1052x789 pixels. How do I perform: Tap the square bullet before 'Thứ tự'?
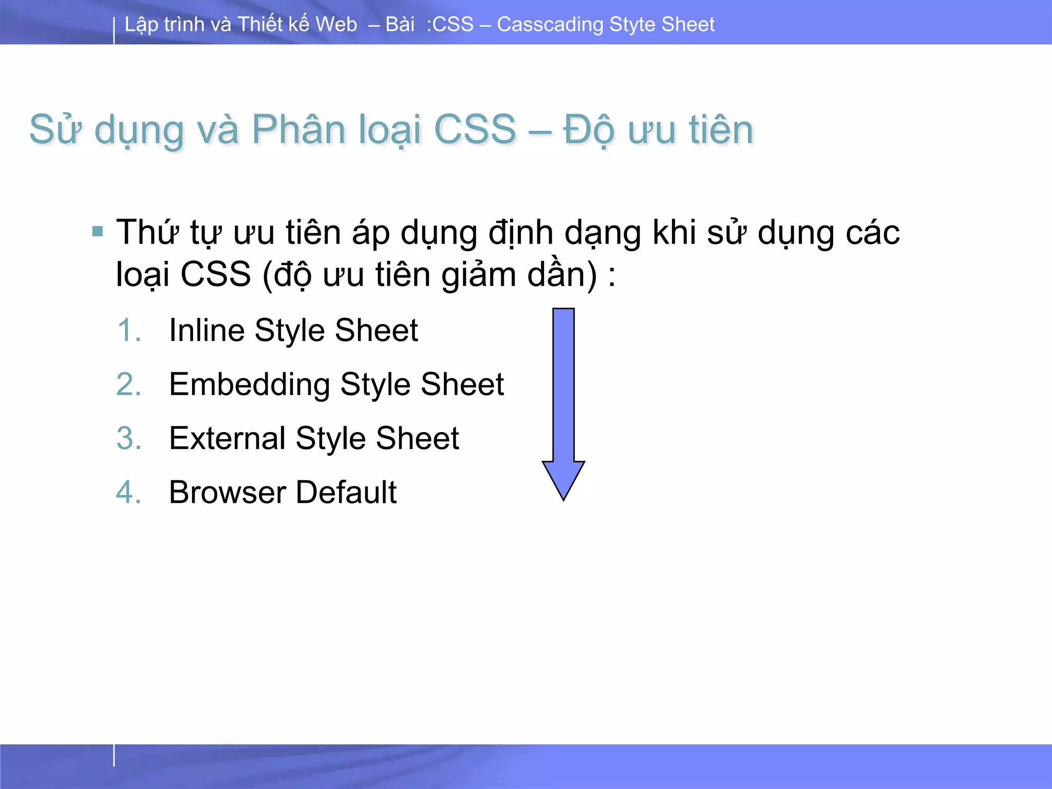[x=98, y=232]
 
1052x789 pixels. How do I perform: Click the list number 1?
[x=128, y=330]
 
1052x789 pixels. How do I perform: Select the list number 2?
[x=128, y=384]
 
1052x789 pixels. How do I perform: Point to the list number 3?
[x=128, y=438]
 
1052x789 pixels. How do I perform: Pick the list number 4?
[x=128, y=492]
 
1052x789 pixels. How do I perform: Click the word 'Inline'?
[x=206, y=330]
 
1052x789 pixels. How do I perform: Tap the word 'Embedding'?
[x=250, y=384]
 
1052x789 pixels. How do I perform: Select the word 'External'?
[x=227, y=438]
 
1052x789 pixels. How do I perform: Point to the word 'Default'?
[x=346, y=492]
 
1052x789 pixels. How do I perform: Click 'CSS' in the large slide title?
[x=475, y=129]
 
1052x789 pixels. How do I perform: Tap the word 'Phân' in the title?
[x=298, y=129]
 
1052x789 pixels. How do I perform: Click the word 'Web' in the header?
[x=336, y=25]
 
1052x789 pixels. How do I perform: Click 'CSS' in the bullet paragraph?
[x=216, y=274]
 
